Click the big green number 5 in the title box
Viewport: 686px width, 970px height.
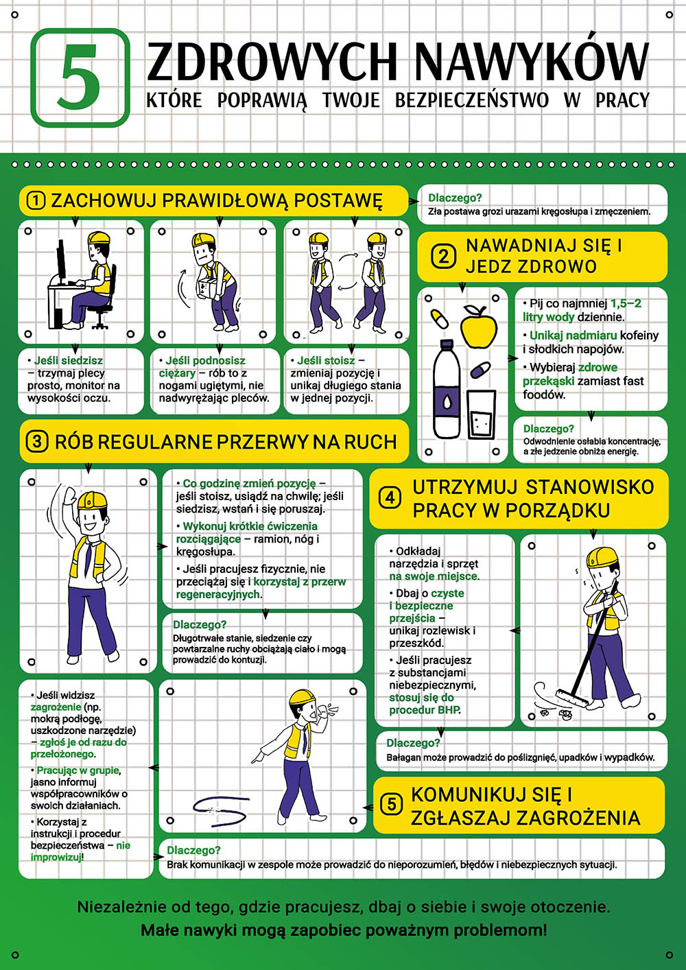pyautogui.click(x=80, y=77)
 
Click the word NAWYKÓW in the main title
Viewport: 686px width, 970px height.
pyautogui.click(x=532, y=62)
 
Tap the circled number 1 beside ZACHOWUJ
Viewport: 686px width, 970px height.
pyautogui.click(x=36, y=200)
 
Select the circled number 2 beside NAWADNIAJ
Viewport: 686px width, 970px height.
pyautogui.click(x=443, y=257)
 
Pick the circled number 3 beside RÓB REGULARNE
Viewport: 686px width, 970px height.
pyautogui.click(x=37, y=441)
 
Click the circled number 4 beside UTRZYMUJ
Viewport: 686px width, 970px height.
pyautogui.click(x=390, y=498)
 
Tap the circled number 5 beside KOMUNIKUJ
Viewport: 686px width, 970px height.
pyautogui.click(x=391, y=804)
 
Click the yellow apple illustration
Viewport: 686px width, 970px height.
pyautogui.click(x=478, y=326)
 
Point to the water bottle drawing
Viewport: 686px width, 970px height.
pyautogui.click(x=447, y=388)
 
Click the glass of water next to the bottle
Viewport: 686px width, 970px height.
pyautogui.click(x=482, y=414)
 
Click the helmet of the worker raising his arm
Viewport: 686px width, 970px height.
pyautogui.click(x=92, y=500)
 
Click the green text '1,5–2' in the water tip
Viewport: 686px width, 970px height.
pyautogui.click(x=626, y=303)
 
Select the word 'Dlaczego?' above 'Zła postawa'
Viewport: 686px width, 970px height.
pyautogui.click(x=455, y=198)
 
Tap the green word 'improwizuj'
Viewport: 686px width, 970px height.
pyautogui.click(x=56, y=857)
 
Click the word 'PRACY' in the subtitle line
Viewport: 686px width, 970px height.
pyautogui.click(x=622, y=100)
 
